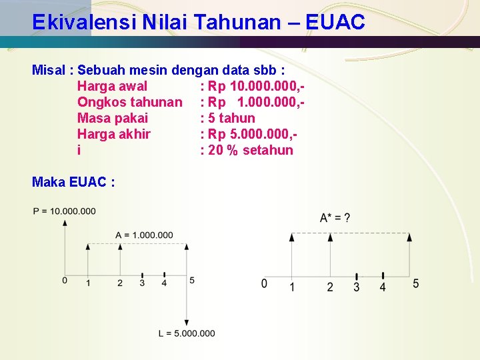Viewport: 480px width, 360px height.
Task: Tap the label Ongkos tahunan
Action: [x=129, y=102]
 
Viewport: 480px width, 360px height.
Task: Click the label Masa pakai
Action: [x=113, y=118]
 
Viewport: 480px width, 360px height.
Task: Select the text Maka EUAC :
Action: [x=73, y=181]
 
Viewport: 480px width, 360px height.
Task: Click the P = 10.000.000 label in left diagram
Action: [x=64, y=211]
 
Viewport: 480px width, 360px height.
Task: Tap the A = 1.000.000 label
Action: [x=144, y=235]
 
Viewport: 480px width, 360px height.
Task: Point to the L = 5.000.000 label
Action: [x=187, y=333]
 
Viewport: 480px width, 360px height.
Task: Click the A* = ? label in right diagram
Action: [x=335, y=217]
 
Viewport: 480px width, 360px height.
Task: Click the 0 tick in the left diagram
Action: [x=65, y=280]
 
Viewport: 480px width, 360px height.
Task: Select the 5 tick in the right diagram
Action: [x=416, y=284]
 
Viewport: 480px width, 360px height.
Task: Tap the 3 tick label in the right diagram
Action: [x=356, y=287]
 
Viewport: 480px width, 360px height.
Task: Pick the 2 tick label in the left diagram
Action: [x=120, y=283]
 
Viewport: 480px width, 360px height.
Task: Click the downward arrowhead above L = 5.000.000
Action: [x=187, y=322]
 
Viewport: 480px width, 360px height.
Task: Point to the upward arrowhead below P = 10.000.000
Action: [x=65, y=223]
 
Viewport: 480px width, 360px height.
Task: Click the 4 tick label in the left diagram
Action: [x=164, y=283]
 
